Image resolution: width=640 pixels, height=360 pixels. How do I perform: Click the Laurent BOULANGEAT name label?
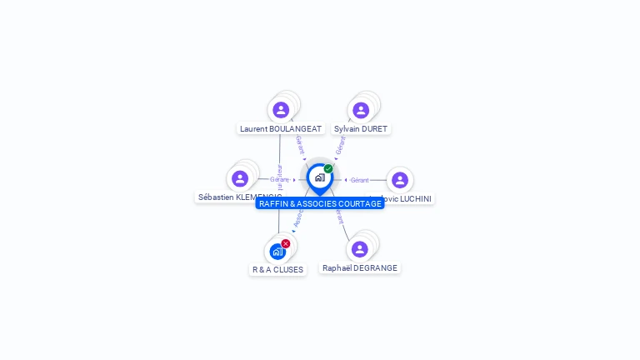point(281,129)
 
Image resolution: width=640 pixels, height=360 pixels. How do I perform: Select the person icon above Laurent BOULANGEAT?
point(281,110)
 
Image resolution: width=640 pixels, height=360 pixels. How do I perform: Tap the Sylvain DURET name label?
point(361,129)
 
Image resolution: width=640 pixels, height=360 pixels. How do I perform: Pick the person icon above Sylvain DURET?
point(361,110)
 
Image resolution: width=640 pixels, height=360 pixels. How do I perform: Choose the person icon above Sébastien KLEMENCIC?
point(240,178)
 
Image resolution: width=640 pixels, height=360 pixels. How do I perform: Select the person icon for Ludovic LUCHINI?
point(400,180)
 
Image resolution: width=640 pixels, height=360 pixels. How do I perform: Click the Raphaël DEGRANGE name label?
point(360,268)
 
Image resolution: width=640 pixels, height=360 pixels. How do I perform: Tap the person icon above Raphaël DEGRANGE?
point(360,249)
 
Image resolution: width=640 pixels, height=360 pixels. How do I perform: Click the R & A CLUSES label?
point(278,270)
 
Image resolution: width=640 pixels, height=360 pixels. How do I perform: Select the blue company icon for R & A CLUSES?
point(277,251)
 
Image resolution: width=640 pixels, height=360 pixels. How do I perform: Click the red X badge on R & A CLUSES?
point(286,243)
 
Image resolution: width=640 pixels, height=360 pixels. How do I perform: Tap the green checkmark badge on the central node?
point(328,169)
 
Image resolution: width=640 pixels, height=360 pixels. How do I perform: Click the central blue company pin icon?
point(319,177)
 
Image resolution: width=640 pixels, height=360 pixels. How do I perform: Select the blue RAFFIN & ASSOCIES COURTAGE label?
point(320,203)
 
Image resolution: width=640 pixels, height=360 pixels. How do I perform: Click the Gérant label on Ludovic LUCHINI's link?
point(360,180)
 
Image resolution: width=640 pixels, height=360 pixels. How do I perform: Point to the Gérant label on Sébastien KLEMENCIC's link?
point(279,179)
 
